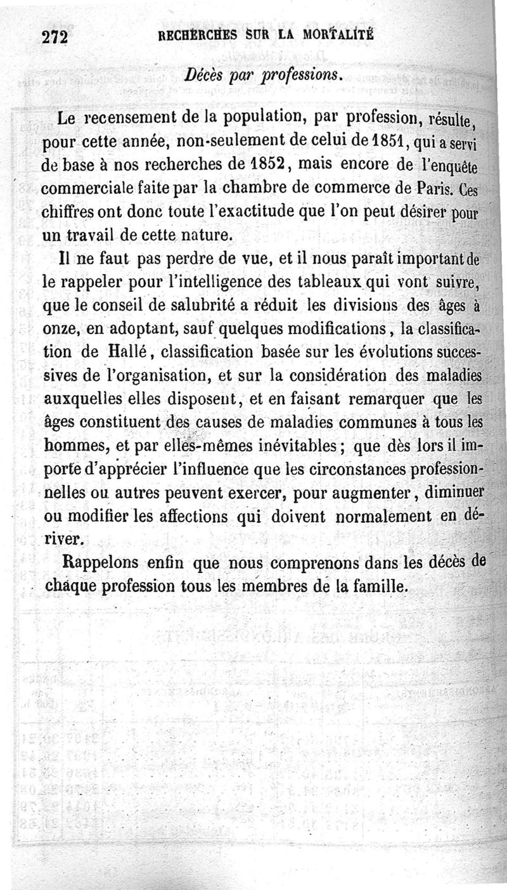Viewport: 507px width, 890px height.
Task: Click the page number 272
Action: coord(55,36)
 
